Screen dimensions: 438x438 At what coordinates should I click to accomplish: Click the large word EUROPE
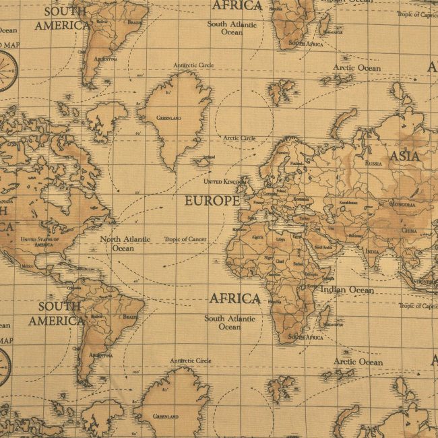click(212, 201)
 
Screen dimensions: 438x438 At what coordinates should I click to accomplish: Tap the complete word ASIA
click(404, 156)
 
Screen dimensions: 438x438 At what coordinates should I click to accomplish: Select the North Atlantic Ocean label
click(123, 243)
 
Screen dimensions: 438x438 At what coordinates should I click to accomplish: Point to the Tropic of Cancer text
click(185, 239)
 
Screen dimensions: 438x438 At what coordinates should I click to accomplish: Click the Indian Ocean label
click(346, 290)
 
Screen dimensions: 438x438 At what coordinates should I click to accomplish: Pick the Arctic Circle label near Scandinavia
click(239, 138)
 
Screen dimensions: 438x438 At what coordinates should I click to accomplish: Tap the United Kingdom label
click(222, 182)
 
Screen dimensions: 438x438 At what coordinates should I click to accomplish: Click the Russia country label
click(373, 163)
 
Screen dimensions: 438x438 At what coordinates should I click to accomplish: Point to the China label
click(409, 230)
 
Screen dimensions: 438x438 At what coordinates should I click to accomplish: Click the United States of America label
click(40, 241)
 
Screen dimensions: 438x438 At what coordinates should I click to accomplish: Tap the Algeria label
click(257, 237)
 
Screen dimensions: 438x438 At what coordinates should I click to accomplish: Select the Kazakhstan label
click(348, 202)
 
